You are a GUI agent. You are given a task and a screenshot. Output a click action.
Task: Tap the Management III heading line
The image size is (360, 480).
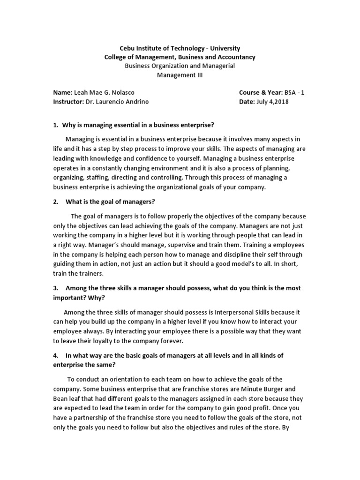pos(180,75)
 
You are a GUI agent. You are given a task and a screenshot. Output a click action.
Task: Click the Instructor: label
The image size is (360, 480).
pos(68,102)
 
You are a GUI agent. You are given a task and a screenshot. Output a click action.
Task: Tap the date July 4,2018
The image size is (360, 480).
pos(274,102)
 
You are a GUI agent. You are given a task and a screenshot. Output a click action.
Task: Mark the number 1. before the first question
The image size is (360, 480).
pos(56,124)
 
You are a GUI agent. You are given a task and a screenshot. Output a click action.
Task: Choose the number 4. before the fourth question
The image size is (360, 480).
pos(56,355)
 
